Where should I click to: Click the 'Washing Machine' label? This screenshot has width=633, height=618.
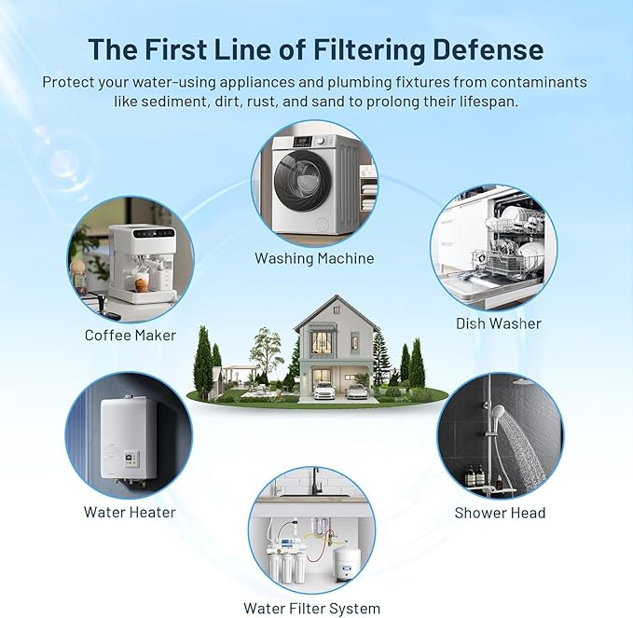click(314, 257)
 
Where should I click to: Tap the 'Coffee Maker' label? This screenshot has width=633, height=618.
click(131, 335)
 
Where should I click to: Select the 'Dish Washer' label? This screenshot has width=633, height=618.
click(498, 323)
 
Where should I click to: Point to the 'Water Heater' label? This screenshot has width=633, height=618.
click(130, 512)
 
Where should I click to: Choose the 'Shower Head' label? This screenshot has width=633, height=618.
click(500, 513)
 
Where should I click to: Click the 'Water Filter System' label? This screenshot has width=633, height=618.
click(311, 608)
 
